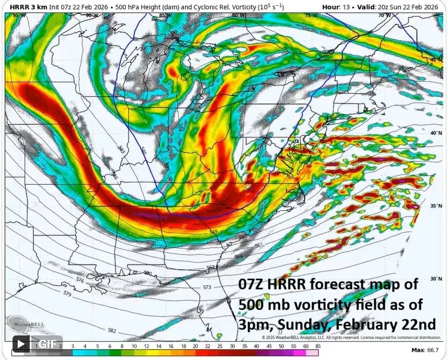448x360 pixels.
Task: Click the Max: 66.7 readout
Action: coord(425,349)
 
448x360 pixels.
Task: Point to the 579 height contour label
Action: coord(67,293)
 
